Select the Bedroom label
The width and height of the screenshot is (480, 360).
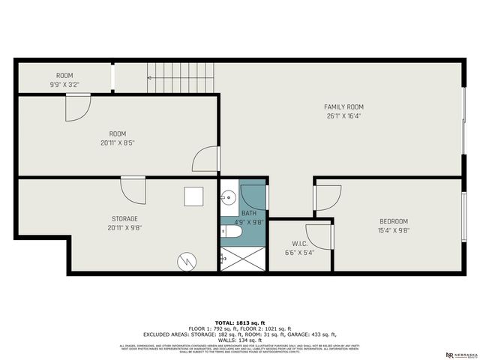pyautogui.click(x=393, y=221)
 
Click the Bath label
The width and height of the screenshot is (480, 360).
pyautogui.click(x=249, y=214)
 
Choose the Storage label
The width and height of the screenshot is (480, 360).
pyautogui.click(x=124, y=218)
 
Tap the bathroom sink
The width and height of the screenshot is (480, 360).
pyautogui.click(x=228, y=197)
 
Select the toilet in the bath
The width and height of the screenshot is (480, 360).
pyautogui.click(x=230, y=233)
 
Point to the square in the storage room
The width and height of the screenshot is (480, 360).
pyautogui.click(x=194, y=196)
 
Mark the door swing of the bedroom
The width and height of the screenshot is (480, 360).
pyautogui.click(x=327, y=197)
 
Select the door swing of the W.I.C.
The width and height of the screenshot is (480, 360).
pyautogui.click(x=319, y=235)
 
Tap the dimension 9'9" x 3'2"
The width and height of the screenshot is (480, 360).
pyautogui.click(x=65, y=85)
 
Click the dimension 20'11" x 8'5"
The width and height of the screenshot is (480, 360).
pyautogui.click(x=117, y=142)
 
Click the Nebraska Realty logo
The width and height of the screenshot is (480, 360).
pyautogui.click(x=459, y=353)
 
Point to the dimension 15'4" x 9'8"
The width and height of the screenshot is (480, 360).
pyautogui.click(x=393, y=230)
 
